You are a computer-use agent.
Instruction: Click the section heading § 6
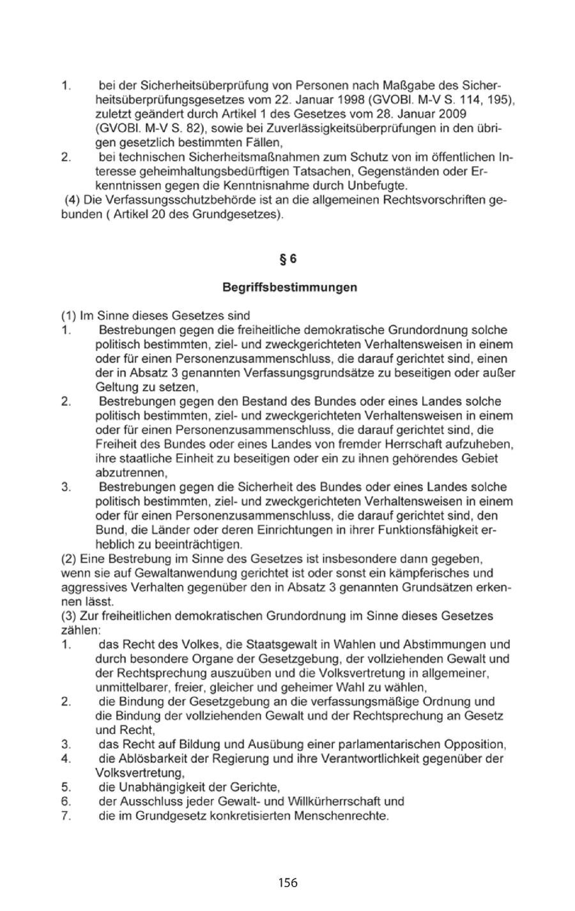pyautogui.click(x=289, y=259)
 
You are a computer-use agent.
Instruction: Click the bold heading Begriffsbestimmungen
pyautogui.click(x=289, y=288)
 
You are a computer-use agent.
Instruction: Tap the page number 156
pyautogui.click(x=287, y=883)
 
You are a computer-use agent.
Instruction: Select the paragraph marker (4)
pyautogui.click(x=72, y=201)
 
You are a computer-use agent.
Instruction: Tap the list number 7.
pyautogui.click(x=65, y=816)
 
